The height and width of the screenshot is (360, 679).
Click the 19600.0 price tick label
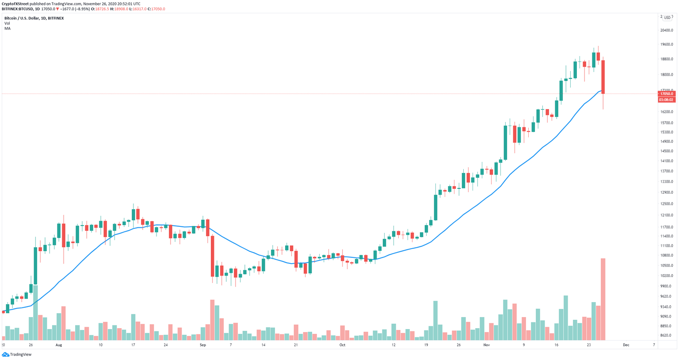pyautogui.click(x=667, y=44)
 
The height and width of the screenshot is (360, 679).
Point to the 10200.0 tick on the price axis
pyautogui.click(x=667, y=276)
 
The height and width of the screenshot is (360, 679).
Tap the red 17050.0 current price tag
pyautogui.click(x=666, y=94)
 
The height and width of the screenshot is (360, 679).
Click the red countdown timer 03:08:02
pyautogui.click(x=666, y=100)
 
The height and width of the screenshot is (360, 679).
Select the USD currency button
pyautogui.click(x=667, y=18)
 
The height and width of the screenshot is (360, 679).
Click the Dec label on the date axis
pyautogui.click(x=626, y=345)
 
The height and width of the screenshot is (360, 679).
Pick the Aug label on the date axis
pyautogui.click(x=59, y=345)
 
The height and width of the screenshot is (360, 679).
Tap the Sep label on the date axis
pyautogui.click(x=203, y=345)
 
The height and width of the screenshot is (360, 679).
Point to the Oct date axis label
pyautogui.click(x=342, y=345)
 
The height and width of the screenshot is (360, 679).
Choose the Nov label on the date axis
pyautogui.click(x=487, y=345)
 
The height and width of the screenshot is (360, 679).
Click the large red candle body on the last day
pyautogui.click(x=603, y=77)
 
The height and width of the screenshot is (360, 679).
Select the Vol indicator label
pyautogui.click(x=7, y=23)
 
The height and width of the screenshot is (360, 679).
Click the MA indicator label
pyautogui.click(x=8, y=28)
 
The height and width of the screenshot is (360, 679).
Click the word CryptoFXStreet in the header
pyautogui.click(x=15, y=4)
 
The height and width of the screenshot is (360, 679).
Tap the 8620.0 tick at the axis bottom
pyautogui.click(x=667, y=336)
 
